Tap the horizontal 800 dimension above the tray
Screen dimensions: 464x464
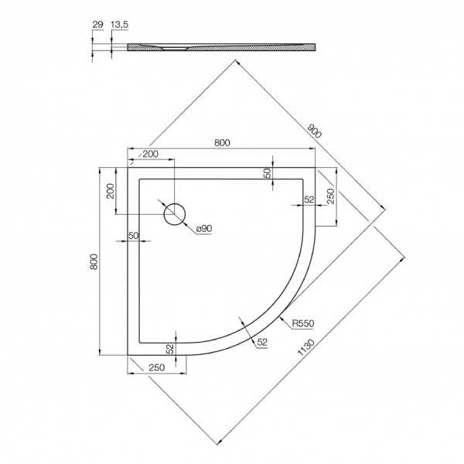click(x=222, y=142)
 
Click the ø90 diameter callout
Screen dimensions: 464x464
click(x=204, y=230)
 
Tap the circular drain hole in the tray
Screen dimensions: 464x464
click(x=176, y=213)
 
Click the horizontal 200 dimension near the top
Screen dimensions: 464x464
click(x=151, y=155)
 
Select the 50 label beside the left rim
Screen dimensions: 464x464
click(x=133, y=235)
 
